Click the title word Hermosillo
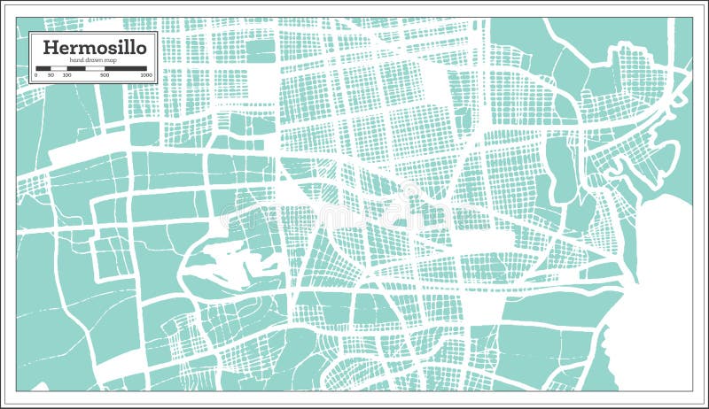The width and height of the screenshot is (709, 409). point(94,47)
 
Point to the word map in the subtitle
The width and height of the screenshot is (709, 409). point(111,60)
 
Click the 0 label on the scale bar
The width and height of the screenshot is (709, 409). point(36,75)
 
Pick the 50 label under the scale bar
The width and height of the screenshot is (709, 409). point(51,75)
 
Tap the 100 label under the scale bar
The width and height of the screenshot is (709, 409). point(66,75)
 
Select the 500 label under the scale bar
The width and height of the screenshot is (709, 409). point(105,75)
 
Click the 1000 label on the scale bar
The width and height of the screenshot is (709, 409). point(146,75)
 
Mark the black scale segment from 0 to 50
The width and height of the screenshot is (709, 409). point(43,68)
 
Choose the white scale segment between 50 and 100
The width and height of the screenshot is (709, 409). point(58,68)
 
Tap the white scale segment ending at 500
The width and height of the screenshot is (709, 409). point(95,68)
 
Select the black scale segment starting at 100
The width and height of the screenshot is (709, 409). point(76,68)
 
